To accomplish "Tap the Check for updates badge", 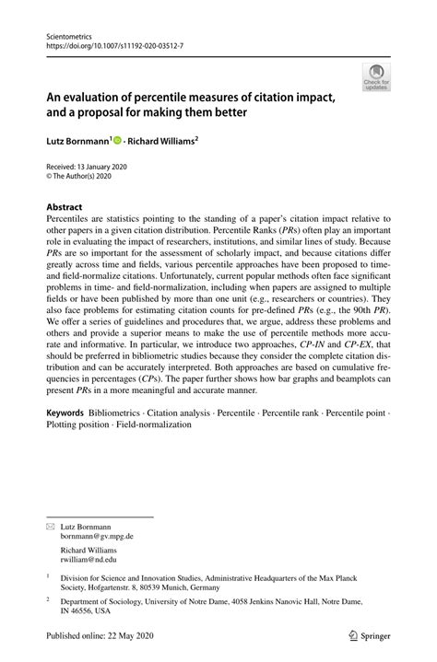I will pos(375,78).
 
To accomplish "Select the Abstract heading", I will pos(64,207).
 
